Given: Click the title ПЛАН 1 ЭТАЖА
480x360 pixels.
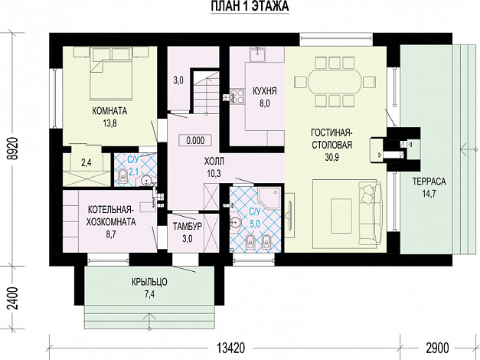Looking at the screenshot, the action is point(250,6).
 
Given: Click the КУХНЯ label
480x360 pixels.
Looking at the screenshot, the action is point(264,91).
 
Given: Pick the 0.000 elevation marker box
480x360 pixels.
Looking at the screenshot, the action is point(195,141).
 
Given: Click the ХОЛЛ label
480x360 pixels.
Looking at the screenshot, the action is point(214,161).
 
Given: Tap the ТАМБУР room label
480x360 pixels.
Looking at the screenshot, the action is point(188,226).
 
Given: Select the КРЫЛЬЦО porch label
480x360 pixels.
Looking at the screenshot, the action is point(150,282).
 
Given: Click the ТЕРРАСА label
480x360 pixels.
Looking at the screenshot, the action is point(429,182).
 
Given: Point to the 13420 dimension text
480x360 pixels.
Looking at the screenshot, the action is point(231,348).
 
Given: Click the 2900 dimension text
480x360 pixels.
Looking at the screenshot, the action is point(437,348).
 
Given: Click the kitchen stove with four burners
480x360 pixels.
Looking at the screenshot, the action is point(237,95).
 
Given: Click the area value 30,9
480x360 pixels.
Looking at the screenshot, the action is point(331,157).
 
